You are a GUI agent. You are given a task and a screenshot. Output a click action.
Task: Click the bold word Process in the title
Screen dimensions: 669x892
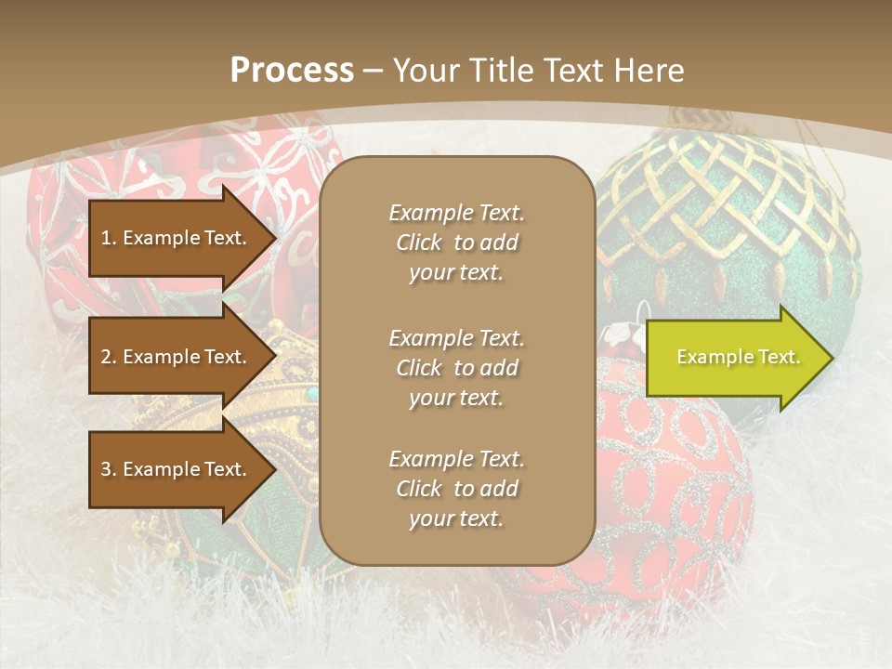[x=292, y=71]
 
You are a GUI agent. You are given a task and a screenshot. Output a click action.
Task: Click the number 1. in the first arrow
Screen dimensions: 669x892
[x=109, y=238]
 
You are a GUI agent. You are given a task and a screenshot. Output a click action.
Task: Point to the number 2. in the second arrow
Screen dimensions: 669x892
[x=109, y=357]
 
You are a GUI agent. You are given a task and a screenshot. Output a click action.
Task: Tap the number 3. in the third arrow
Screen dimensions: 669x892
[x=109, y=469]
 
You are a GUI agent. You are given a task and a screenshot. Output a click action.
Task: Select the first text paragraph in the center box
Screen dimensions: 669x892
[x=456, y=243]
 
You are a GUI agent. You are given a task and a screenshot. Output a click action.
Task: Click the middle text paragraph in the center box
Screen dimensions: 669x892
[x=456, y=368]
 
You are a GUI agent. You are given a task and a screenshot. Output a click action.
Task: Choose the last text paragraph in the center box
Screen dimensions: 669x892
[x=456, y=489]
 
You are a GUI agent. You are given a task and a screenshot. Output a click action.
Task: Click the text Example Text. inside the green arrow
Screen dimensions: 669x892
[x=738, y=358]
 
